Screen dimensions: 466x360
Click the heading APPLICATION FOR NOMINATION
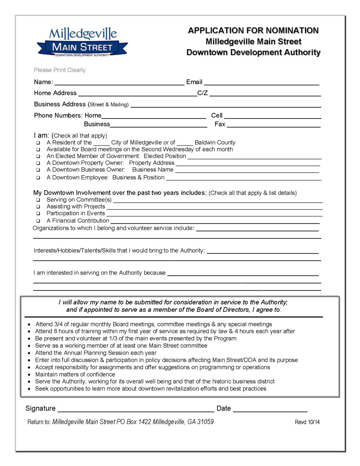(x=253, y=30)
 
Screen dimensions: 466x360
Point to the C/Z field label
(x=203, y=93)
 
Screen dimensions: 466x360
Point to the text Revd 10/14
(x=307, y=422)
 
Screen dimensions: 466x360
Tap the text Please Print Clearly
(x=60, y=71)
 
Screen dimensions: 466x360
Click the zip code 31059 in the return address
(x=204, y=422)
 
